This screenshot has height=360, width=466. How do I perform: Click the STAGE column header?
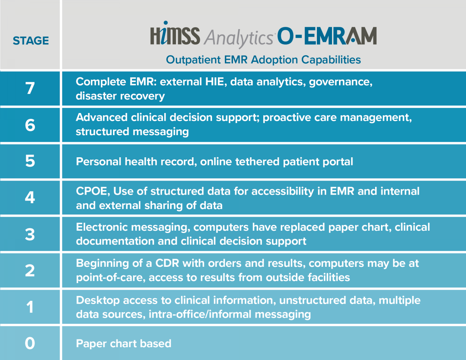[x=31, y=41]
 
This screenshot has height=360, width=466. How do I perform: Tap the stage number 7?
[x=30, y=88]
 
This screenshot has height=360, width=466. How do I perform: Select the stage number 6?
[x=30, y=125]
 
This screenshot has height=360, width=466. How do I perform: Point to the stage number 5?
[x=30, y=161]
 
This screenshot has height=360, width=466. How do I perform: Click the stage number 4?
[x=30, y=197]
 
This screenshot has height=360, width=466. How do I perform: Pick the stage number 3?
[x=30, y=234]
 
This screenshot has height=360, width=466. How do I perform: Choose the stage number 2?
[x=30, y=270]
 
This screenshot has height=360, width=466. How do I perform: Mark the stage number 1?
[x=30, y=307]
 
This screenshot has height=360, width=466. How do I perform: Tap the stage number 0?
[x=30, y=343]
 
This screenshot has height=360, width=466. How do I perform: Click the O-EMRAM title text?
[x=327, y=36]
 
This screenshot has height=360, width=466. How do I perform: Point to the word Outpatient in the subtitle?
[x=193, y=60]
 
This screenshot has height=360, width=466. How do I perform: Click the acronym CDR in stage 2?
[x=167, y=263]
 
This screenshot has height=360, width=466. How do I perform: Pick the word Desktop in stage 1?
[x=98, y=301]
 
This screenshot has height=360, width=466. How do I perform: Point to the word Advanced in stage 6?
[x=102, y=117]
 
